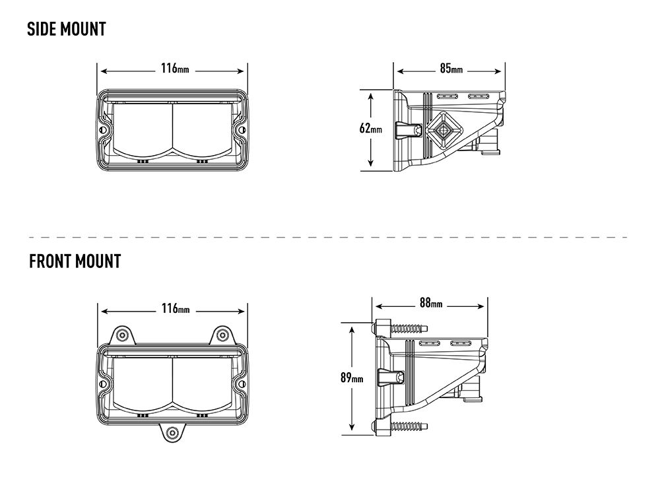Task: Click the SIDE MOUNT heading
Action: [66, 29]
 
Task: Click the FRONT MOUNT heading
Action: [75, 261]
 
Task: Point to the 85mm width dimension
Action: [451, 68]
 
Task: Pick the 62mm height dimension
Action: [370, 129]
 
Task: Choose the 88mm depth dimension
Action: [430, 304]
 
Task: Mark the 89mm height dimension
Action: [352, 378]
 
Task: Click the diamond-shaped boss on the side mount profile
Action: [441, 130]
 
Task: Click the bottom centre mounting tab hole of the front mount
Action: [172, 433]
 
